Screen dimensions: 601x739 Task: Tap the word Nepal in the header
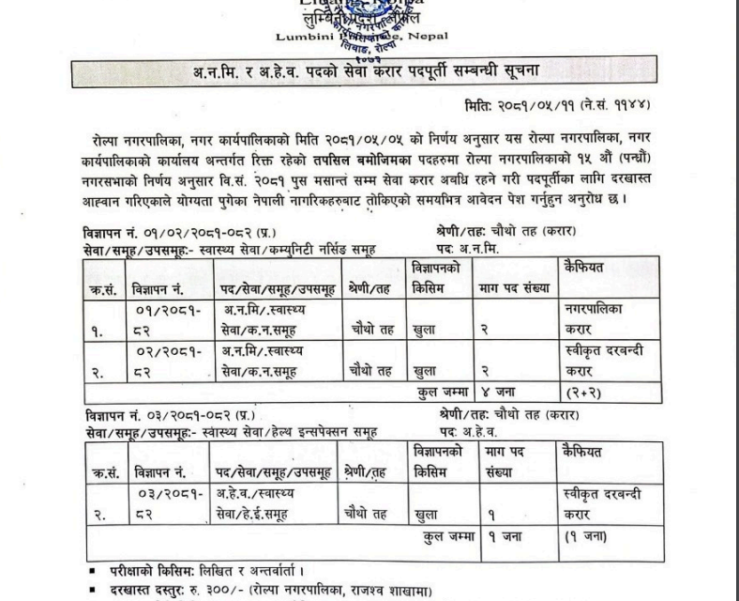coord(429,36)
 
